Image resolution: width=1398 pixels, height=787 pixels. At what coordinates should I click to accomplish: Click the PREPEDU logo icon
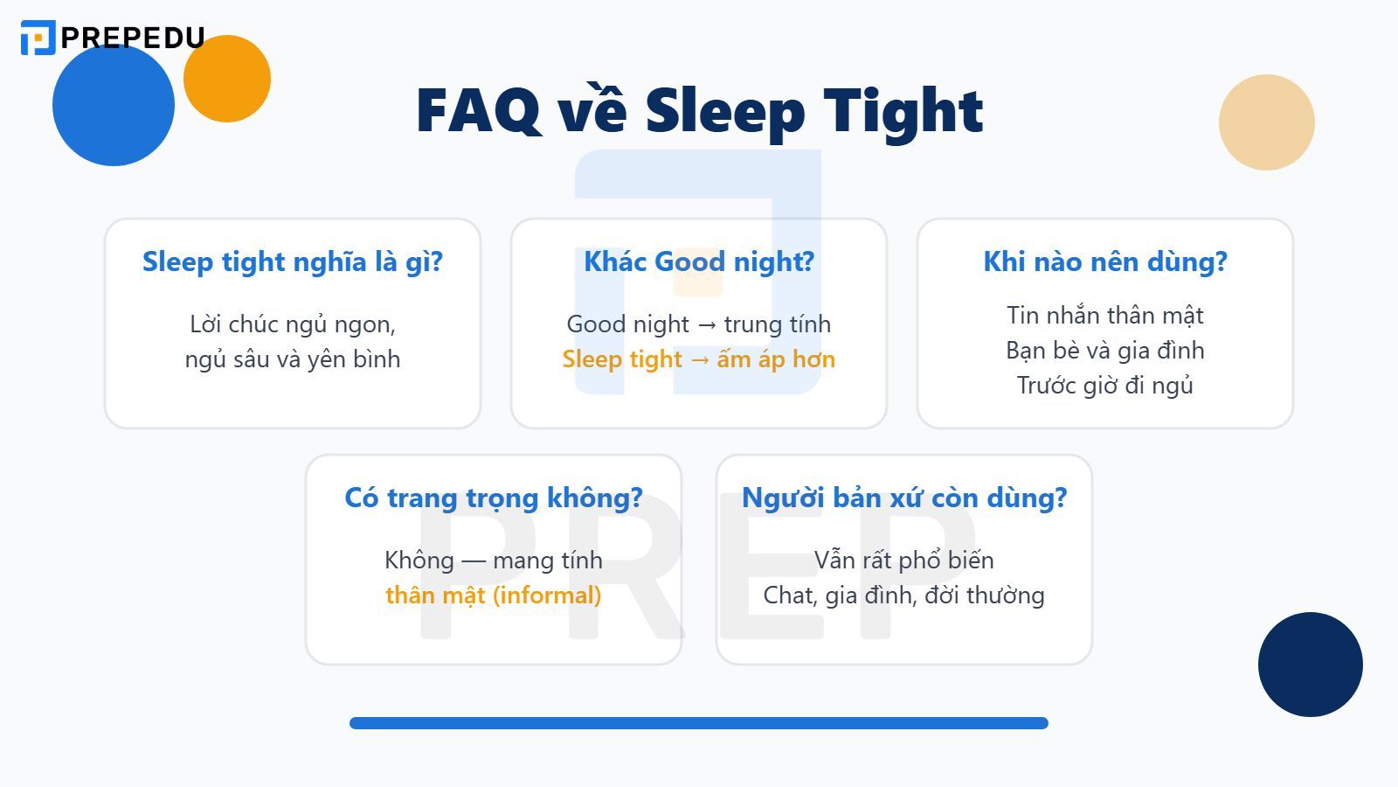coord(38,38)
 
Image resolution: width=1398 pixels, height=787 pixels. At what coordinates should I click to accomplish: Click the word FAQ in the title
coord(478,111)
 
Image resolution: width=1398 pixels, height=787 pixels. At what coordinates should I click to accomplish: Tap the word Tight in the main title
coord(903,111)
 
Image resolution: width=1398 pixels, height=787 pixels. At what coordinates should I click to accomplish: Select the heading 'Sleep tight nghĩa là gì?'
coord(293,261)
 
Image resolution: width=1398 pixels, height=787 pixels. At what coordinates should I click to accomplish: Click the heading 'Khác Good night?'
coord(699,261)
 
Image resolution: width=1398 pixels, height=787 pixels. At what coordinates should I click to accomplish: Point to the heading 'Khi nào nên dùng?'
coord(1105,261)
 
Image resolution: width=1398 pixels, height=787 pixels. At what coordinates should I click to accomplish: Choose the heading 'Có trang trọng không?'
coord(494,498)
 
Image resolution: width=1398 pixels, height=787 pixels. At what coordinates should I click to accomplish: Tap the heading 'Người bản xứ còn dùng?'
coord(904,498)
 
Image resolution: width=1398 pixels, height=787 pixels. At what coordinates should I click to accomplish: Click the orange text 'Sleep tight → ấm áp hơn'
coord(699,359)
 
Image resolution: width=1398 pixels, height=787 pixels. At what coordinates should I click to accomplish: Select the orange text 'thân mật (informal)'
coord(494,595)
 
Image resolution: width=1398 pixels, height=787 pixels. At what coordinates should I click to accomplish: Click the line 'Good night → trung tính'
coord(699,324)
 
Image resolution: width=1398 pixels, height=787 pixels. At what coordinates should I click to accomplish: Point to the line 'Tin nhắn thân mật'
coord(1105,315)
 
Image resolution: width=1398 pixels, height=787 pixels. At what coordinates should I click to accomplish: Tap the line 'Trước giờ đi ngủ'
coord(1105,386)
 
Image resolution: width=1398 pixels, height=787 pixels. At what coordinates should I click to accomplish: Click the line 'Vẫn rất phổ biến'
coord(904,560)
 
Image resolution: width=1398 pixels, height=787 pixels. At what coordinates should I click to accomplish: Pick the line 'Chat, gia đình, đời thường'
coord(904,595)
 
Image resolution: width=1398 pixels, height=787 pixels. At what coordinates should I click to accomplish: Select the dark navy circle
coord(1311,665)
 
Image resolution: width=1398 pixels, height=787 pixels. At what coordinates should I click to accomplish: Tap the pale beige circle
coord(1267,122)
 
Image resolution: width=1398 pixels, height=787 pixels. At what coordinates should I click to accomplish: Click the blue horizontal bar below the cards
coord(699,723)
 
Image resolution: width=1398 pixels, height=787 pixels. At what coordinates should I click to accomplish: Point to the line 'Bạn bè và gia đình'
coord(1105,351)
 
